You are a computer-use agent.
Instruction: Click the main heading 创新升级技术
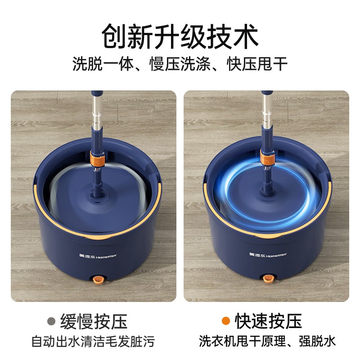pyautogui.click(x=180, y=36)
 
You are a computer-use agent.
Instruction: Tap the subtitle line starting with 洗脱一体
pyautogui.click(x=180, y=63)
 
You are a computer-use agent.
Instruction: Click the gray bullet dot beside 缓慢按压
pyautogui.click(x=51, y=321)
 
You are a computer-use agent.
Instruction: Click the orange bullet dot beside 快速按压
pyautogui.click(x=226, y=321)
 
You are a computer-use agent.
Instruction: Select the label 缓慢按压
pyautogui.click(x=94, y=321)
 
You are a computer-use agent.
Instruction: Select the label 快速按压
pyautogui.click(x=268, y=321)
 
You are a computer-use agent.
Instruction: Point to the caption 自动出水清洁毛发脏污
pyautogui.click(x=93, y=341)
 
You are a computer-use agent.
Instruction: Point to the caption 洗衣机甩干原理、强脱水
pyautogui.click(x=267, y=341)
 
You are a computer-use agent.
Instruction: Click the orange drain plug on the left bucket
pyautogui.click(x=98, y=280)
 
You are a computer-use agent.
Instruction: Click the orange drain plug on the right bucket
pyautogui.click(x=268, y=279)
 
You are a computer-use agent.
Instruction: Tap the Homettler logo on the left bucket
pyautogui.click(x=98, y=256)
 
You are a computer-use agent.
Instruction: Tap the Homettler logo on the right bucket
pyautogui.click(x=268, y=254)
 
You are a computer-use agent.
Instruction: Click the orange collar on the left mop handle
pyautogui.click(x=97, y=158)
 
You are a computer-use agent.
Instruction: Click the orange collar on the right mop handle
pyautogui.click(x=267, y=157)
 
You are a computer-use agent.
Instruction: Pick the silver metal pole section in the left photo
pyautogui.click(x=97, y=112)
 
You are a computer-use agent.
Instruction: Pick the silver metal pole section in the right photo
pyautogui.click(x=267, y=110)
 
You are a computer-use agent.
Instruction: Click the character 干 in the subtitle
pyautogui.click(x=280, y=63)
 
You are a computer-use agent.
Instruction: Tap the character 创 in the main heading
pyautogui.click(x=114, y=36)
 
